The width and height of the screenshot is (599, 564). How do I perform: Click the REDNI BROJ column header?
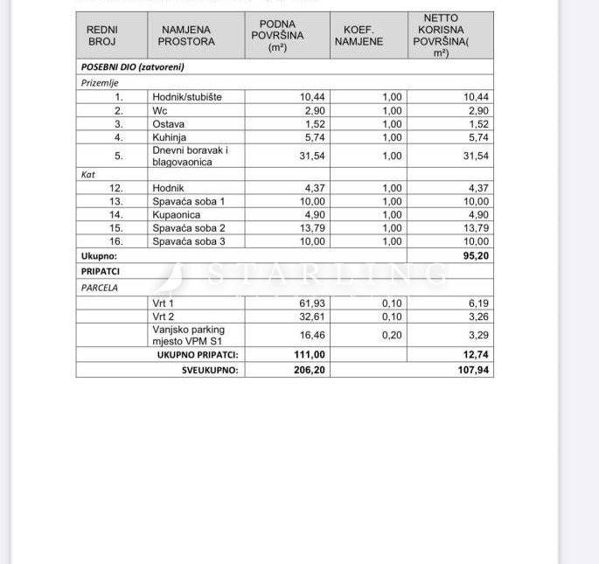pos(102,35)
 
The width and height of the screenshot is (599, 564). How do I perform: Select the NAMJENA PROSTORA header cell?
pos(185,35)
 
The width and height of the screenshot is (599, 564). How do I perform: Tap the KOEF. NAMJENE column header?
pos(359,35)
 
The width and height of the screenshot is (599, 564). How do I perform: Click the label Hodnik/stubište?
pos(186,97)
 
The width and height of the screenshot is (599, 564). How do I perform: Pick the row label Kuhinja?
pos(170,137)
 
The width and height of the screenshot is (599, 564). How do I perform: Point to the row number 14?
pos(115,214)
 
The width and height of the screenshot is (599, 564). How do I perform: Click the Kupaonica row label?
pos(176,214)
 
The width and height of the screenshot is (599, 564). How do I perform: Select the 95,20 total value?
pos(475,257)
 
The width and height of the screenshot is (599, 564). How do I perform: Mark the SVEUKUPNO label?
pos(210,370)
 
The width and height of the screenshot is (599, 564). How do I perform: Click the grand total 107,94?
pos(473,370)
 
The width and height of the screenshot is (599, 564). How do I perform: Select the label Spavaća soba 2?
pos(189,227)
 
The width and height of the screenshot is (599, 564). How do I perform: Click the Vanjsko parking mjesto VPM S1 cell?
pos(188,335)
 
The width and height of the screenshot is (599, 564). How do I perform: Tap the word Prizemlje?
pos(98,82)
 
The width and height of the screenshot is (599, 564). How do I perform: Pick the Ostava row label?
pos(168,124)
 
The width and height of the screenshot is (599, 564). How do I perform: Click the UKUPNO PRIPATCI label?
pos(198,355)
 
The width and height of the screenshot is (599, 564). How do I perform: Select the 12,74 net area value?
pos(476,355)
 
